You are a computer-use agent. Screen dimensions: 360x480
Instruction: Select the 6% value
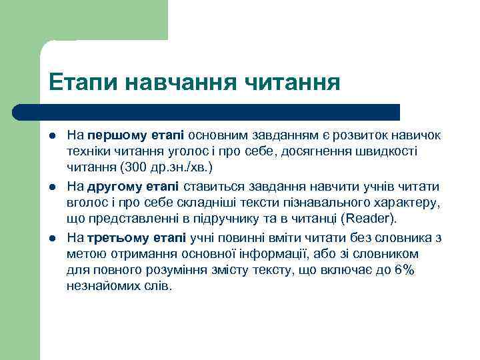pos(404,270)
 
